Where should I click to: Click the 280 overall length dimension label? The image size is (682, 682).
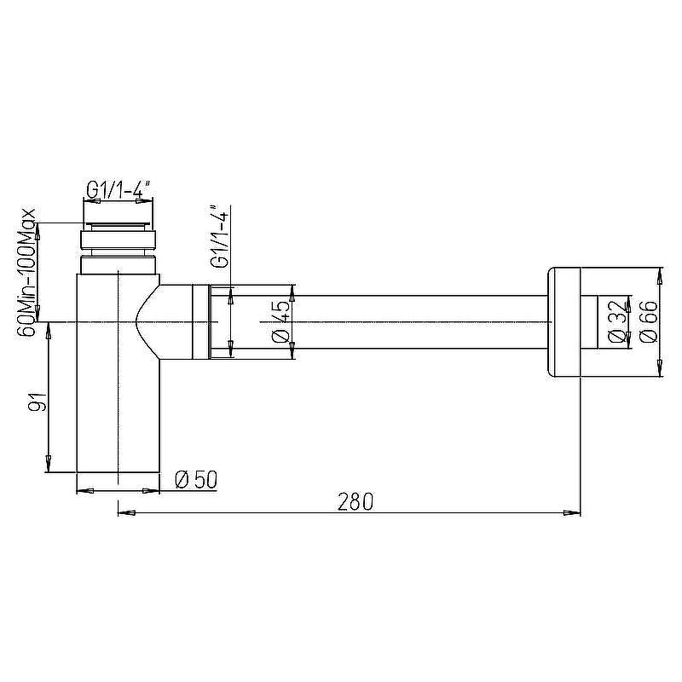[355, 502]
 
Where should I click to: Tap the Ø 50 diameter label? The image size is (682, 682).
[196, 480]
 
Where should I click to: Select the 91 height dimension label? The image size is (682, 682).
[37, 401]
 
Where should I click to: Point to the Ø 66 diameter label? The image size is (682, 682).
[649, 322]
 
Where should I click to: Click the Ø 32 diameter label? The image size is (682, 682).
[617, 322]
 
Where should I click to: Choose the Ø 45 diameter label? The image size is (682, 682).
[281, 321]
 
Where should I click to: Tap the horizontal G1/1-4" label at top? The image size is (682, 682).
[118, 190]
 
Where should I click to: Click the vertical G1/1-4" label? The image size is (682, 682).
[220, 237]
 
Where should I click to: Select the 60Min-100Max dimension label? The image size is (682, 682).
[26, 273]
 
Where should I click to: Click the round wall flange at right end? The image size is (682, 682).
[564, 322]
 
